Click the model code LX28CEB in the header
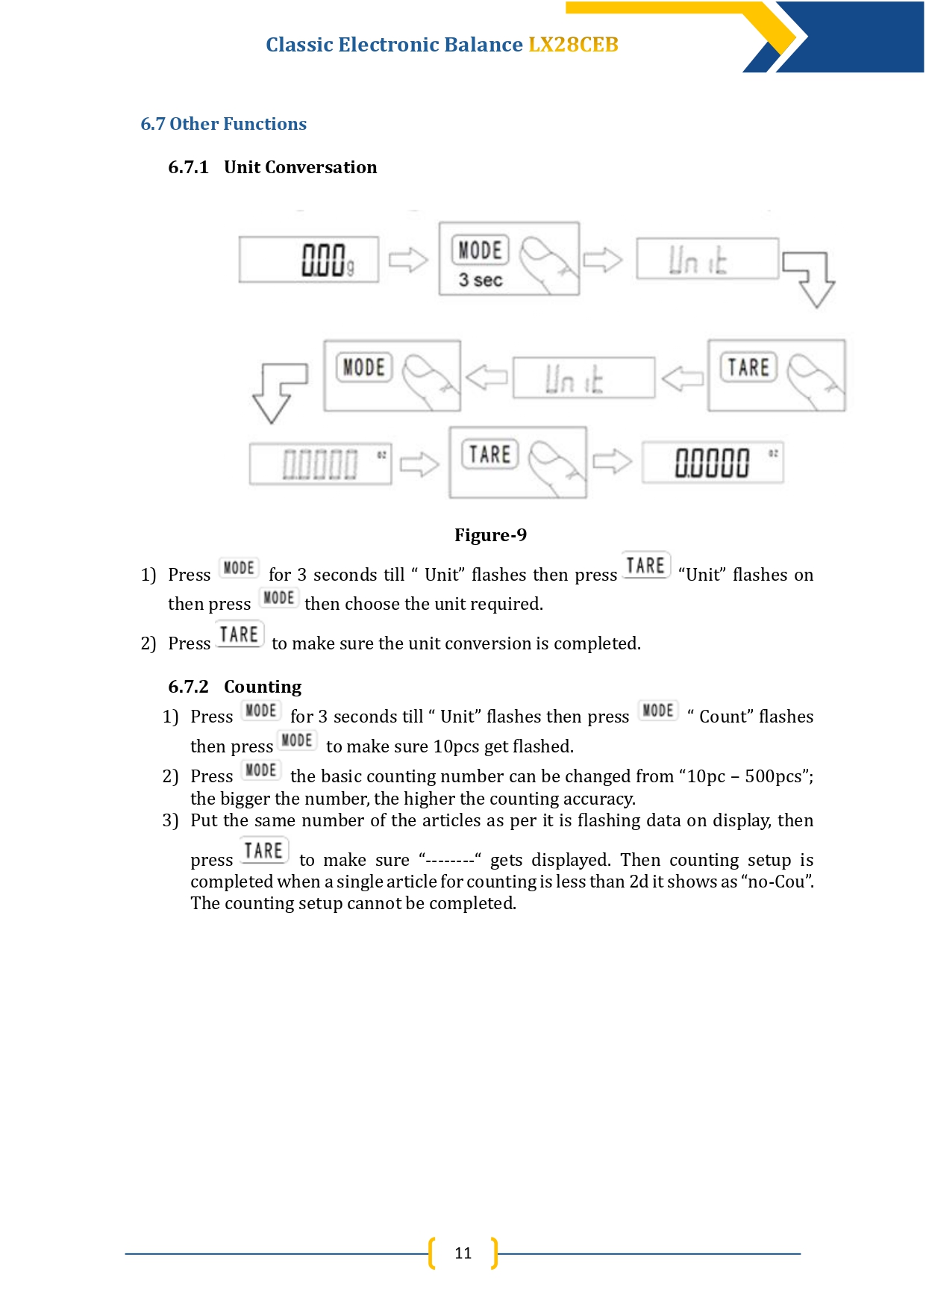click(x=573, y=45)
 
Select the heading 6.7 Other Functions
click(x=223, y=124)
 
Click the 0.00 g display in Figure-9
click(x=309, y=260)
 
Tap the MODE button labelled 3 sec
click(x=480, y=250)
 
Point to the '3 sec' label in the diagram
click(x=481, y=281)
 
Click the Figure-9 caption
click(x=490, y=535)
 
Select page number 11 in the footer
click(x=463, y=1253)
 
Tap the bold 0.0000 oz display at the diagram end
click(x=713, y=463)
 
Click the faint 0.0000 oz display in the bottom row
click(x=320, y=464)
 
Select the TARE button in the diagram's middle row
click(x=748, y=367)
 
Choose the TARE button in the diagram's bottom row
click(x=490, y=455)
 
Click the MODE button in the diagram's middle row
click(x=364, y=367)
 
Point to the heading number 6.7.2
click(x=188, y=687)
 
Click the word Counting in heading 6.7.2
click(x=263, y=687)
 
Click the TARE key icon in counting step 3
click(x=264, y=851)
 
